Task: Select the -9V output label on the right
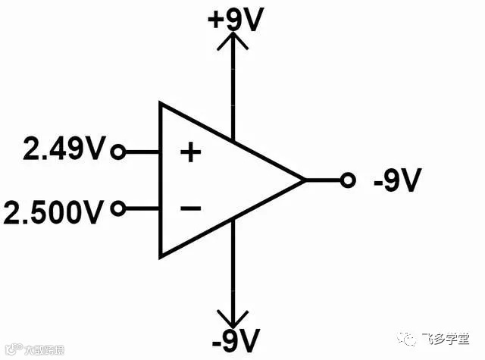click(x=396, y=181)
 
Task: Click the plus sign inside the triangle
click(x=191, y=153)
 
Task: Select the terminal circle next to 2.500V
click(x=117, y=208)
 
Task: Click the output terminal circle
click(x=348, y=180)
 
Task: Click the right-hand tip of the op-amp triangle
click(x=304, y=180)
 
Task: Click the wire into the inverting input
click(x=141, y=208)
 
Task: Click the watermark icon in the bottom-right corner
click(x=414, y=338)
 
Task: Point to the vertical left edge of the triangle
click(x=160, y=180)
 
